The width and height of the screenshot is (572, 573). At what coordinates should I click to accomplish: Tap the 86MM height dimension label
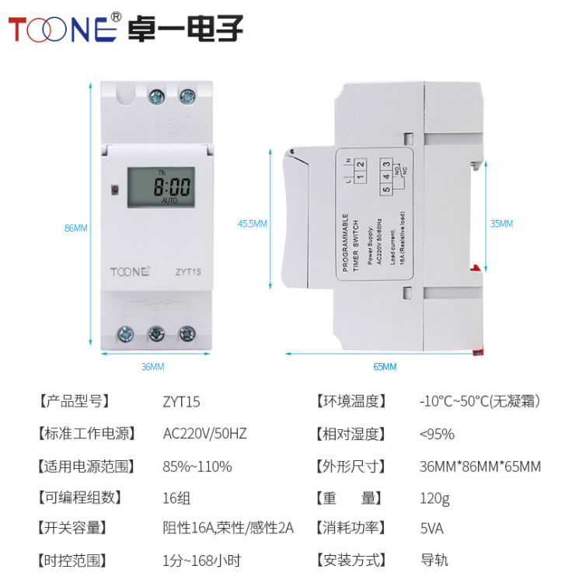pyautogui.click(x=75, y=228)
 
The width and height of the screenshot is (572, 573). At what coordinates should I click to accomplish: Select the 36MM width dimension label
pyautogui.click(x=152, y=366)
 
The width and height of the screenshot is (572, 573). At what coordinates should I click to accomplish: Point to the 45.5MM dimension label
pyautogui.click(x=252, y=223)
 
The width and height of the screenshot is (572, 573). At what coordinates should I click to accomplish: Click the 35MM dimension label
pyautogui.click(x=501, y=223)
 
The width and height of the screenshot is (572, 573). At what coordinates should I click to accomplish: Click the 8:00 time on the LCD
pyautogui.click(x=171, y=187)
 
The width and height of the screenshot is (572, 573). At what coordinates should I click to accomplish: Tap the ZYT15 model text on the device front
pyautogui.click(x=188, y=272)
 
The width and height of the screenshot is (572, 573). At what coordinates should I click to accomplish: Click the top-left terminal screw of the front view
pyautogui.click(x=155, y=97)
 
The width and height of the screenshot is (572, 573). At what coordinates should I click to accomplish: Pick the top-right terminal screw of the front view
pyautogui.click(x=187, y=97)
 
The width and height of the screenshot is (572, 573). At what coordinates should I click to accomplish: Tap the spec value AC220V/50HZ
pyautogui.click(x=204, y=434)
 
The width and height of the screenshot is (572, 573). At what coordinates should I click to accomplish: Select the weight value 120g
pyautogui.click(x=434, y=498)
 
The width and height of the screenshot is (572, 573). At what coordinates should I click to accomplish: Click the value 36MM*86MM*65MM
pyautogui.click(x=480, y=466)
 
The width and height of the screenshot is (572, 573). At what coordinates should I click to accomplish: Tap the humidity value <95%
pyautogui.click(x=437, y=434)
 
